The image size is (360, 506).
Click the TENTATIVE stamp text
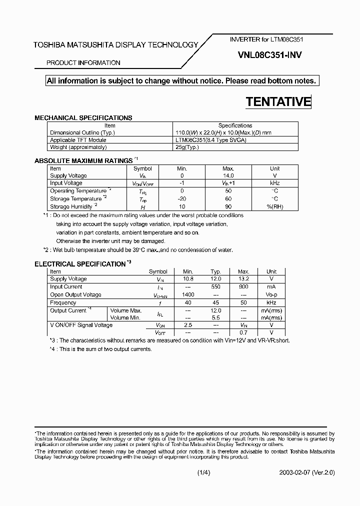278,102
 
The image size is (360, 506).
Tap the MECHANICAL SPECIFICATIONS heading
83,118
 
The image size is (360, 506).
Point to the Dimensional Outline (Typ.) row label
82,132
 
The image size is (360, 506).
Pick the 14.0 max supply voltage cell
228,176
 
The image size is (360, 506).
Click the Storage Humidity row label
71,206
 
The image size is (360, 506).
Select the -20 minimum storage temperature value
182,198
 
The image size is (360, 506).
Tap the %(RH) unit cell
274,206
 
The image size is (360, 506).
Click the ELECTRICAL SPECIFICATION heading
79,263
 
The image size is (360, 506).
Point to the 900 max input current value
243,287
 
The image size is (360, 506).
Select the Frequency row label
63,303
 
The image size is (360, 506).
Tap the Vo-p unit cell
271,295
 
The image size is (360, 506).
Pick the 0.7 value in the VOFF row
243,332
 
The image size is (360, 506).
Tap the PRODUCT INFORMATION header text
83,63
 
